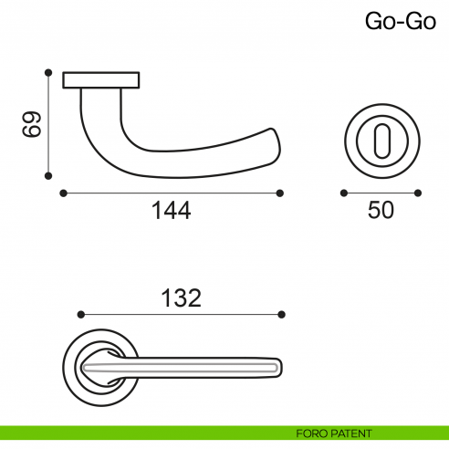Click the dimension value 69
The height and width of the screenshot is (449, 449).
click(x=32, y=125)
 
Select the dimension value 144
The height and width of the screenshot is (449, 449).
click(x=171, y=212)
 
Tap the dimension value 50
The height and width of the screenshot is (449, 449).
click(x=381, y=212)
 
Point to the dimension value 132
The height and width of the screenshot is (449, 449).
click(x=180, y=298)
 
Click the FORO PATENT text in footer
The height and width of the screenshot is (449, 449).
click(x=334, y=433)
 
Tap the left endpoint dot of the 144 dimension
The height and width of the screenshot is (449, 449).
click(x=62, y=193)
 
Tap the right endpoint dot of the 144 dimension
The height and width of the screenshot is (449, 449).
click(x=280, y=193)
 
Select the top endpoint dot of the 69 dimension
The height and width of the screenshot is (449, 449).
click(x=49, y=71)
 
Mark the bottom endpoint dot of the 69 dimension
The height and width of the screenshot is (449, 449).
click(x=49, y=177)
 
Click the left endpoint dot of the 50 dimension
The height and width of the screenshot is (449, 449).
click(x=343, y=193)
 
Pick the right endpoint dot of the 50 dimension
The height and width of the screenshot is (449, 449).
click(x=418, y=193)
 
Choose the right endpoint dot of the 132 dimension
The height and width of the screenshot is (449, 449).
click(x=282, y=314)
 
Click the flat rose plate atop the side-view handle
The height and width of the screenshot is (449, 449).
click(x=101, y=80)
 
